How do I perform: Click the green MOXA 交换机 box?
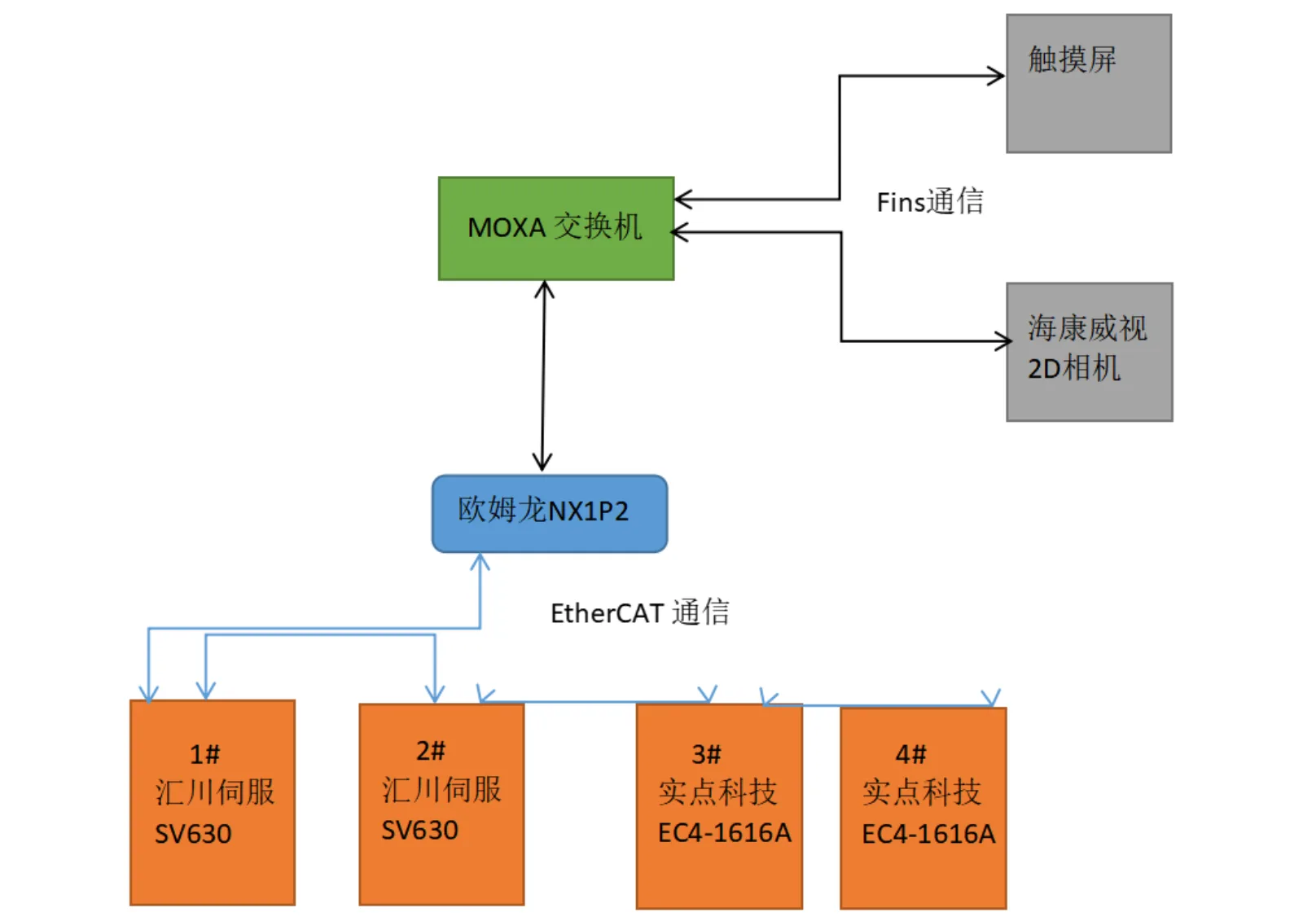(x=556, y=229)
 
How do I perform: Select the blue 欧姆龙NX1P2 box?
(x=550, y=514)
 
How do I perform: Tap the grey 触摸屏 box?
(x=1089, y=84)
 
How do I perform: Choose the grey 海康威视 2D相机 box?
(x=1090, y=352)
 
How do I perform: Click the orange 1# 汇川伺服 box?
(x=213, y=803)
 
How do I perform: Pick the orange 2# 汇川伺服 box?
(x=441, y=805)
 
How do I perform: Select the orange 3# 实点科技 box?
(x=720, y=806)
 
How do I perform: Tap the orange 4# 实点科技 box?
(x=924, y=808)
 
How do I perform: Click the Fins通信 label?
(x=930, y=202)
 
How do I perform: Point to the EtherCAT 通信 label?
(x=640, y=612)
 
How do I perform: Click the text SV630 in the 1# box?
(x=193, y=835)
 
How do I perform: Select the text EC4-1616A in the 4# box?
(x=928, y=835)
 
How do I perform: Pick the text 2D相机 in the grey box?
(x=1074, y=369)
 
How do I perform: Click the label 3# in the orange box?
(x=707, y=755)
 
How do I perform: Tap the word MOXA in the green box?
(x=507, y=227)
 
